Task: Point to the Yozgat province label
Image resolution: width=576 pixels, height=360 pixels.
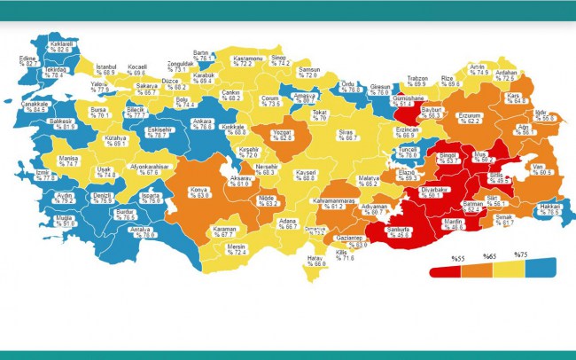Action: pyautogui.click(x=283, y=135)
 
